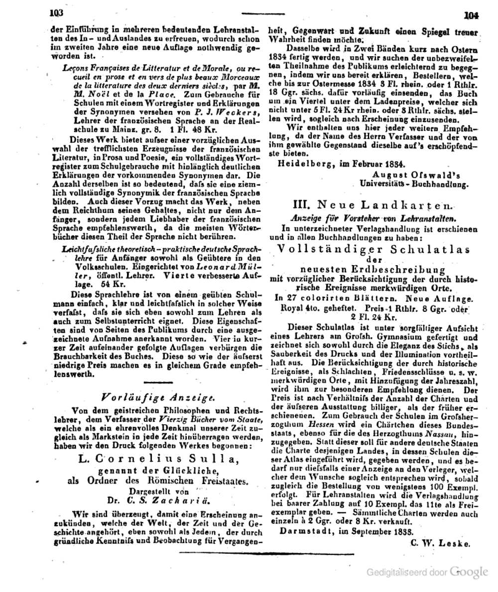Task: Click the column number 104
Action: pyautogui.click(x=470, y=15)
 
